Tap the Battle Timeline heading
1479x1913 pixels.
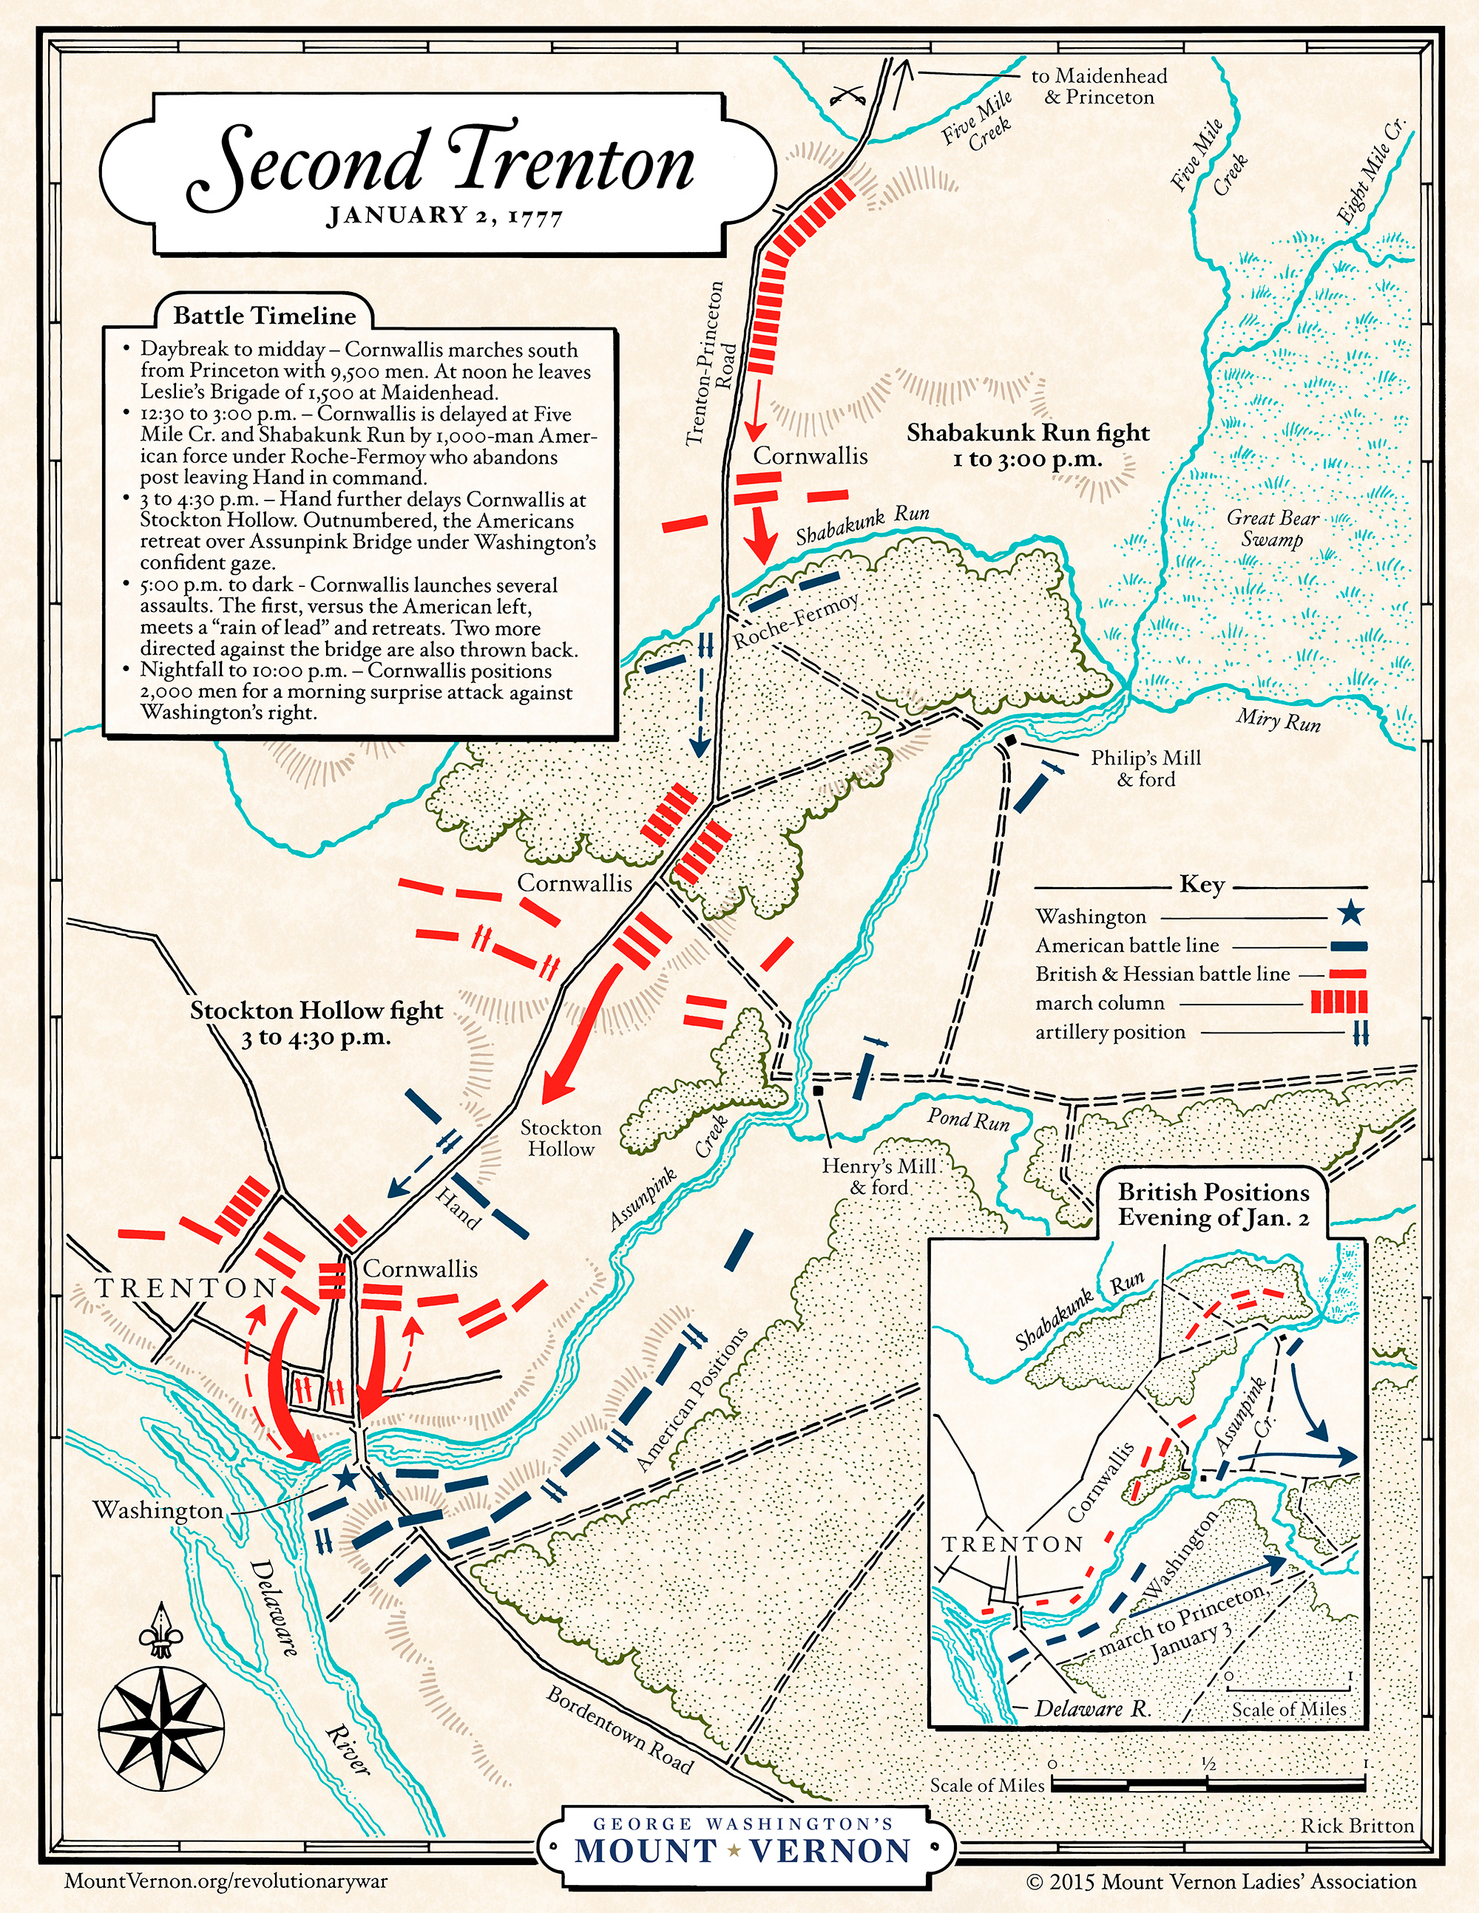point(264,316)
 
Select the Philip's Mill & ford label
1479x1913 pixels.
point(1145,768)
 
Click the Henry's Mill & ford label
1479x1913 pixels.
point(879,1176)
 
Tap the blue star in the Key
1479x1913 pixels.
point(1351,914)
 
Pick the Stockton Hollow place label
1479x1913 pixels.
point(561,1138)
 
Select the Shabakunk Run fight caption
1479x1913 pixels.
point(1028,444)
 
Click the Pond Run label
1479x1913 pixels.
point(968,1118)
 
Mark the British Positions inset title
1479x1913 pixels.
point(1213,1203)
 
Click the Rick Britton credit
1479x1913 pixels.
point(1357,1826)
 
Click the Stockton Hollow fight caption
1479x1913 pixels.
point(317,1023)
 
